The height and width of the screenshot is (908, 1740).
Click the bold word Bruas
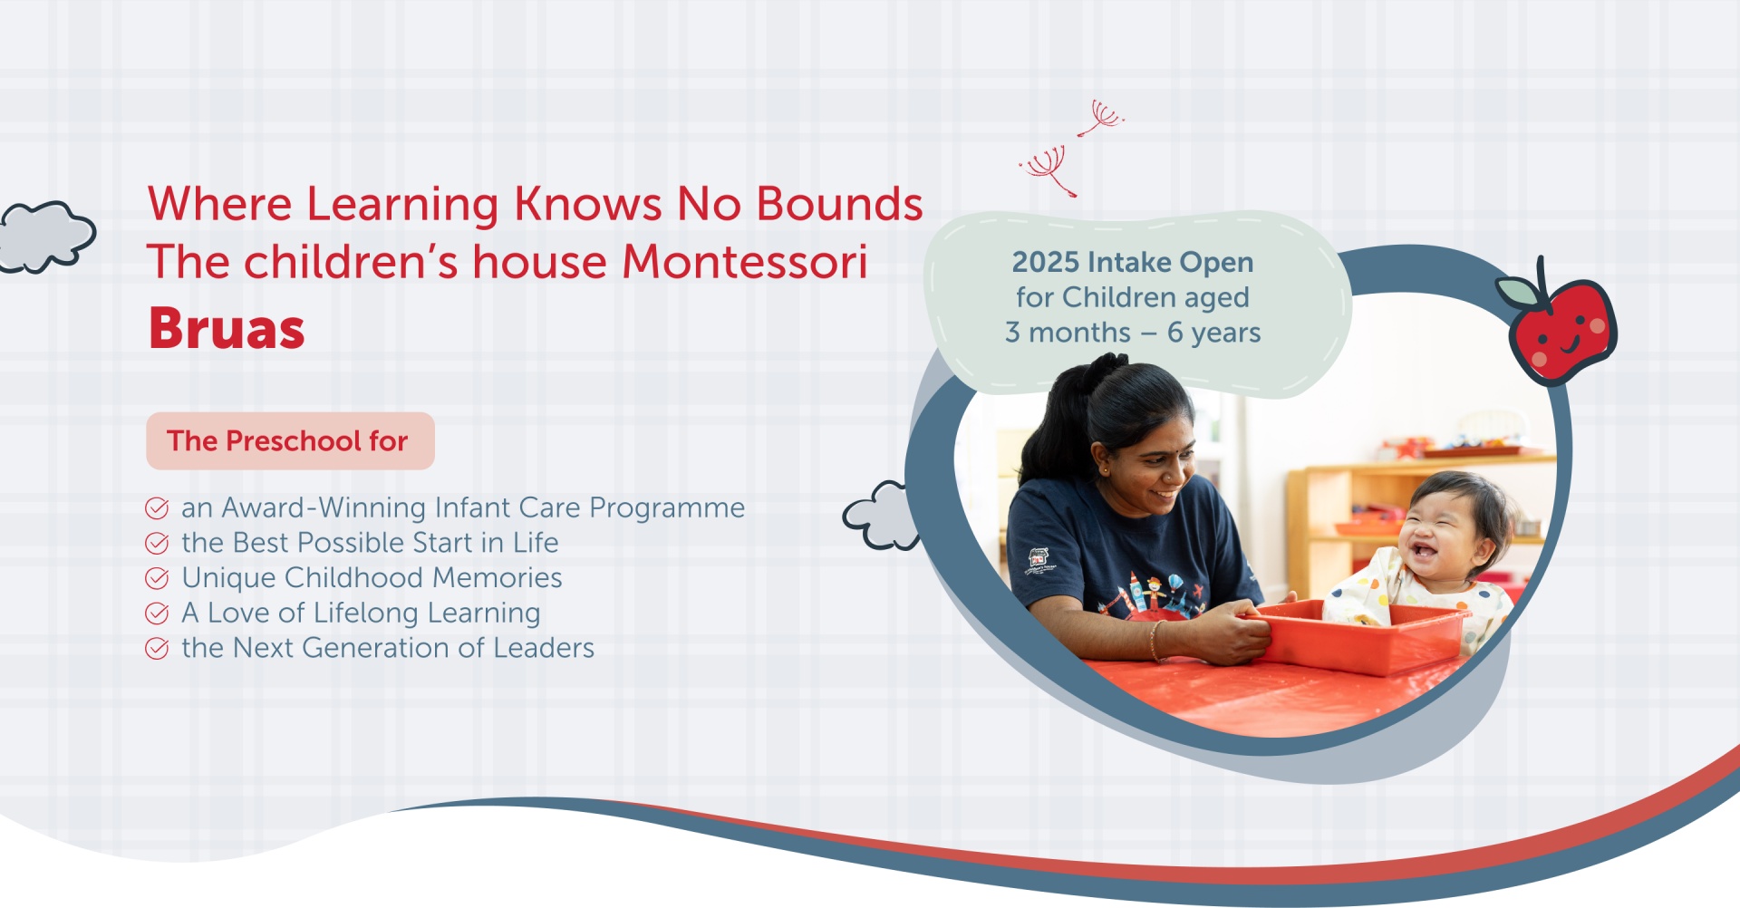[227, 328]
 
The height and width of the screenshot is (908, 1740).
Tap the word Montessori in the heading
[745, 262]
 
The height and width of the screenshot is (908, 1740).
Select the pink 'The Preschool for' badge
[290, 441]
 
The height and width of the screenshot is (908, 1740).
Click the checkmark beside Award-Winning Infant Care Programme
[157, 507]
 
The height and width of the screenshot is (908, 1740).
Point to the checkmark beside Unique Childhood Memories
[157, 578]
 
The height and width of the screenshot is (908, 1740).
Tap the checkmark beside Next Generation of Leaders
[157, 649]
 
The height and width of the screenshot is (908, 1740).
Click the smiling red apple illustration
[1559, 324]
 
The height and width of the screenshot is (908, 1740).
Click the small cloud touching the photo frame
[881, 516]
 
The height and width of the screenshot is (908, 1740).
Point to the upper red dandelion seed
[1101, 119]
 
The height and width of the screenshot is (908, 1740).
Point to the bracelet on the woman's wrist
[1155, 640]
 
